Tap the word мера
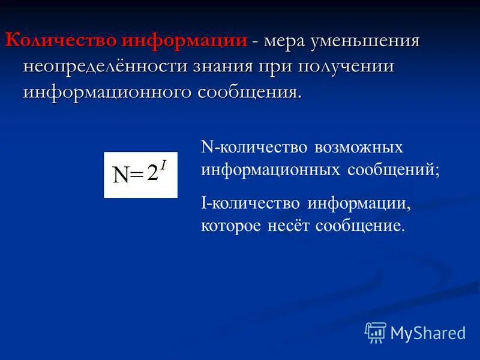(x=289, y=41)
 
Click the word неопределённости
(x=105, y=67)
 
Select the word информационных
(x=271, y=170)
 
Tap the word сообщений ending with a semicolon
(x=393, y=170)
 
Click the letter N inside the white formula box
(x=121, y=175)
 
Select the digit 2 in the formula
(x=152, y=173)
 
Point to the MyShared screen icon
(x=376, y=332)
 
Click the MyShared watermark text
(x=428, y=333)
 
